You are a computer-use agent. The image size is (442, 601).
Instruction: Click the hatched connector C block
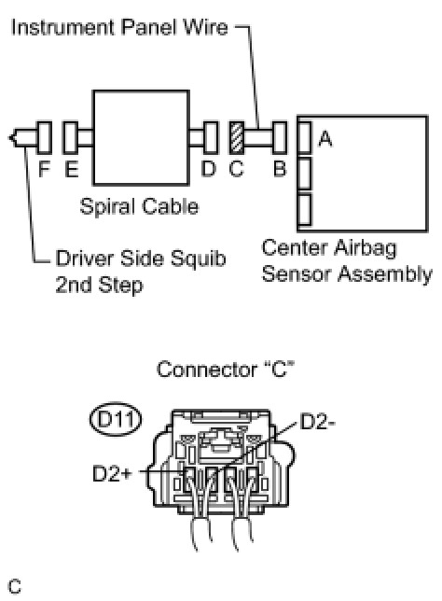[x=237, y=137]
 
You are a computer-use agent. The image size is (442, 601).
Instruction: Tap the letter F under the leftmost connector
[x=45, y=169]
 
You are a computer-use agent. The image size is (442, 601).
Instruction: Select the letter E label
[x=72, y=169]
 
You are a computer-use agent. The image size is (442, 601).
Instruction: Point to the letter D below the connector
[x=209, y=169]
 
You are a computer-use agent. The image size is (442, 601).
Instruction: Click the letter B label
[x=280, y=169]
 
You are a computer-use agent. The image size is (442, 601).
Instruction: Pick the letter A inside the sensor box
[x=325, y=139]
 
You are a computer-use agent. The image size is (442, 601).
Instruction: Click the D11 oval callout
[x=116, y=419]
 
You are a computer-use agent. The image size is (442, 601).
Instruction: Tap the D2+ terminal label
[x=112, y=473]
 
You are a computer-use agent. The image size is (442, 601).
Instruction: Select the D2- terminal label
[x=318, y=422]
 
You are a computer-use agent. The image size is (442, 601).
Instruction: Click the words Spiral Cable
[x=139, y=206]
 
